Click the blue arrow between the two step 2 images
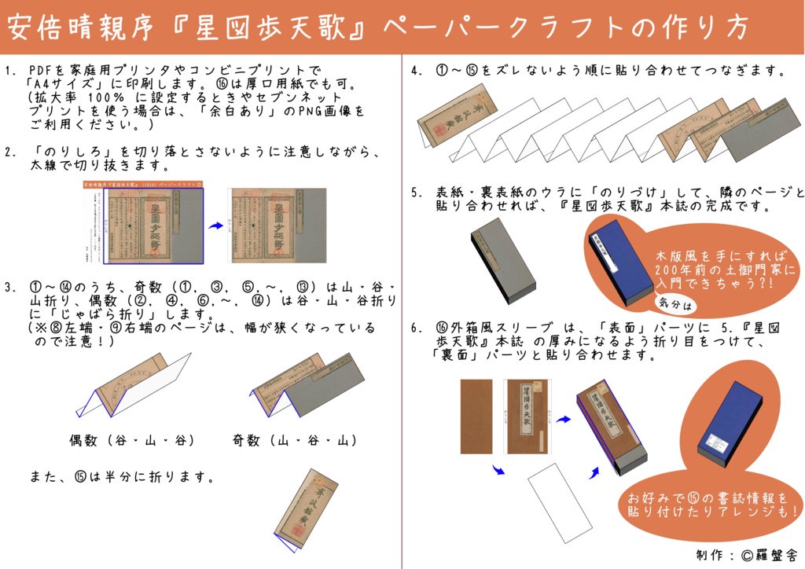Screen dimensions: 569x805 [x=215, y=226]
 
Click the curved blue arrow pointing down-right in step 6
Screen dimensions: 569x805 [x=497, y=471]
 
